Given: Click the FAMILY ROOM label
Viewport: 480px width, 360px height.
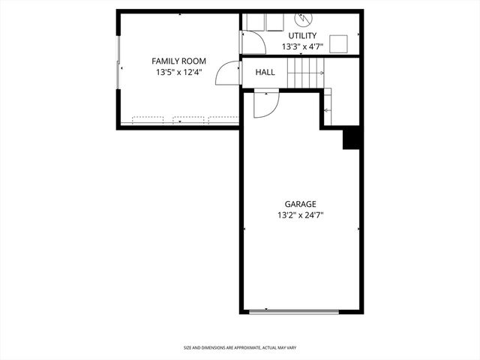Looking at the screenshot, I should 178,61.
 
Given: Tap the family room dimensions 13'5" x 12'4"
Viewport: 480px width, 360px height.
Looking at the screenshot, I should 178,73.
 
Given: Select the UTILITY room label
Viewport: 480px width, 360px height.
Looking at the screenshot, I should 302,35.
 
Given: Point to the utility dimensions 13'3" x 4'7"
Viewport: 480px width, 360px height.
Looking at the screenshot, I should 302,46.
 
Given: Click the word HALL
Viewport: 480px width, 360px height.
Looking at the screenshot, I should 265,73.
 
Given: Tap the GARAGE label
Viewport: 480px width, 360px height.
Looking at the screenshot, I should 300,204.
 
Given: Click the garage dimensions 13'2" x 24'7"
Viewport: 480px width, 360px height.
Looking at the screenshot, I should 300,215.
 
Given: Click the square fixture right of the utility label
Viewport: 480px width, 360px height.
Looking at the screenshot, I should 339,43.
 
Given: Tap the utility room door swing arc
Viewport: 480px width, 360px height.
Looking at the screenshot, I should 253,42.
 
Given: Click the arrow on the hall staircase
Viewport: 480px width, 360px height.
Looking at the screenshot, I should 321,73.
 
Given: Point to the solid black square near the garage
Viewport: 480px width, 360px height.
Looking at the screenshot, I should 352,139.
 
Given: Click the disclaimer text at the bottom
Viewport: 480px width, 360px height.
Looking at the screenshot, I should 239,348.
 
